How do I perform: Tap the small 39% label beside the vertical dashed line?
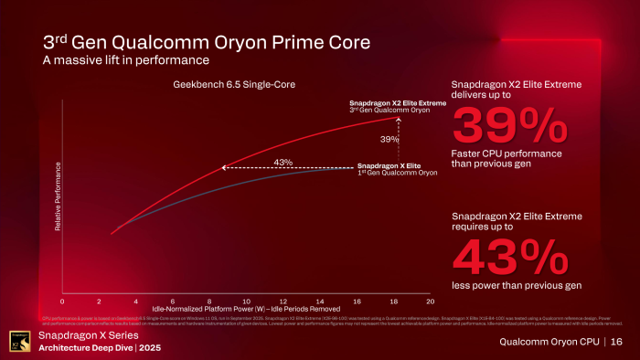[x=389, y=139]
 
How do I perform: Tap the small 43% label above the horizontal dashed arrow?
[x=283, y=162]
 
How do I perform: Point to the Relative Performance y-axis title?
[x=58, y=196]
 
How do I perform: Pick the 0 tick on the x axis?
[x=62, y=300]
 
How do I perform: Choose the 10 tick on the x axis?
[x=246, y=300]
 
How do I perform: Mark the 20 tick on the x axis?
[x=430, y=300]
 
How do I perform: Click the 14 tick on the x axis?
[x=320, y=300]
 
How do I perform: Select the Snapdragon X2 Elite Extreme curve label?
[x=398, y=103]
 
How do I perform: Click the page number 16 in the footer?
[x=616, y=342]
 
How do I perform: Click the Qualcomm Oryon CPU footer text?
[x=548, y=342]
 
